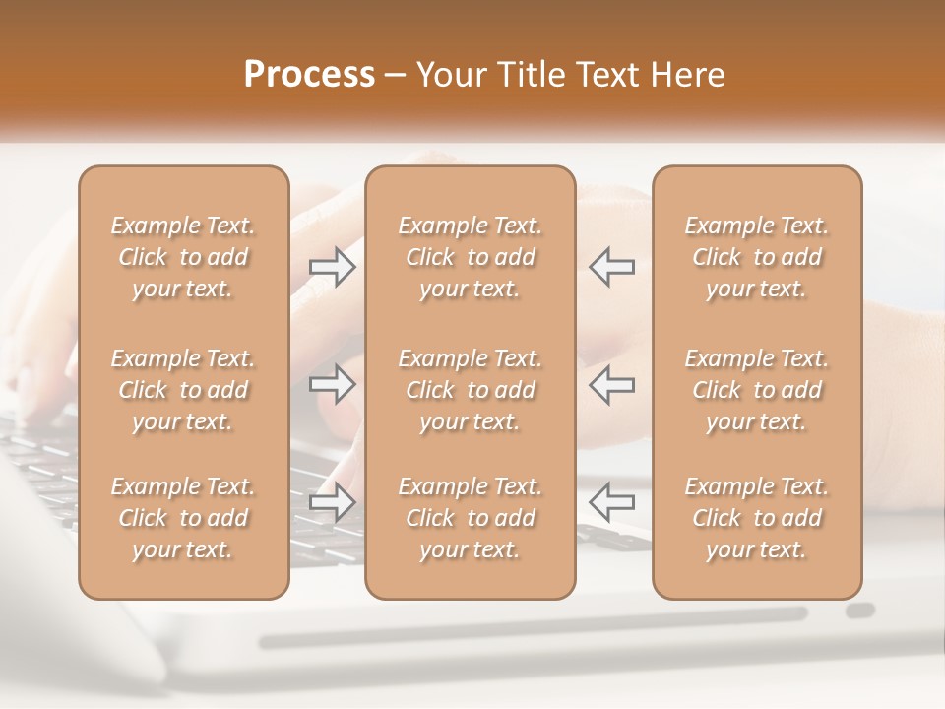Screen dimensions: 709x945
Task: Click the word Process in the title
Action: click(309, 76)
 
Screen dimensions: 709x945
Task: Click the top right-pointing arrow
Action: click(333, 267)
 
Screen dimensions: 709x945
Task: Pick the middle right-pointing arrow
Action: click(333, 384)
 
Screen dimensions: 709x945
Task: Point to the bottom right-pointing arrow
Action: click(333, 502)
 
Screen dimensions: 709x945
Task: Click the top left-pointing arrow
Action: click(611, 267)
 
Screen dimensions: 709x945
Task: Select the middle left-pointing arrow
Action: click(611, 384)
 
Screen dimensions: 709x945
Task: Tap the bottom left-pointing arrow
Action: click(611, 502)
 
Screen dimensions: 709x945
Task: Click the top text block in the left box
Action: click(183, 257)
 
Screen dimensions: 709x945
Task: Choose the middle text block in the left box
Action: click(183, 390)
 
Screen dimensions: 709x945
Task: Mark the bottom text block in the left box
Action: click(183, 518)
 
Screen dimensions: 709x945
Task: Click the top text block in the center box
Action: click(470, 257)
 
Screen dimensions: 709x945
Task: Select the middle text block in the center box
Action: click(470, 390)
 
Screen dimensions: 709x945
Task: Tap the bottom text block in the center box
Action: click(470, 518)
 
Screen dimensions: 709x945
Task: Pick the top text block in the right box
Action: click(756, 257)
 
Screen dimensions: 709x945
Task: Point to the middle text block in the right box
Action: click(756, 390)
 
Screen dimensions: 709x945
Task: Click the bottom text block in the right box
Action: click(756, 518)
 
